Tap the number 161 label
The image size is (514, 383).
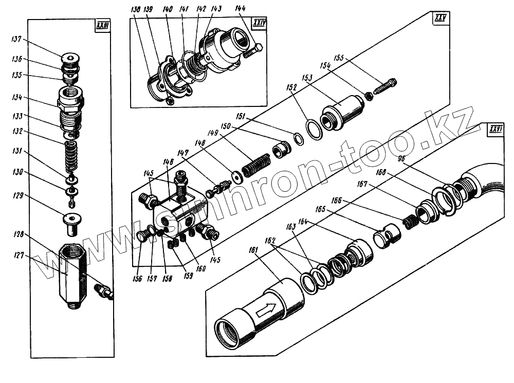click(253, 250)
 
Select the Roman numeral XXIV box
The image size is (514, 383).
click(258, 24)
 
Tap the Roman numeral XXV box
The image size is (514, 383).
click(439, 19)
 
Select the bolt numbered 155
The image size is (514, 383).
click(384, 86)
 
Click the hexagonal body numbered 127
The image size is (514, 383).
click(72, 275)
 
